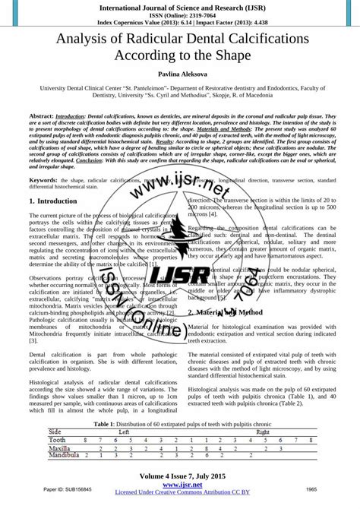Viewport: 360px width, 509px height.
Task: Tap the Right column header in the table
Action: (x=263, y=431)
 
